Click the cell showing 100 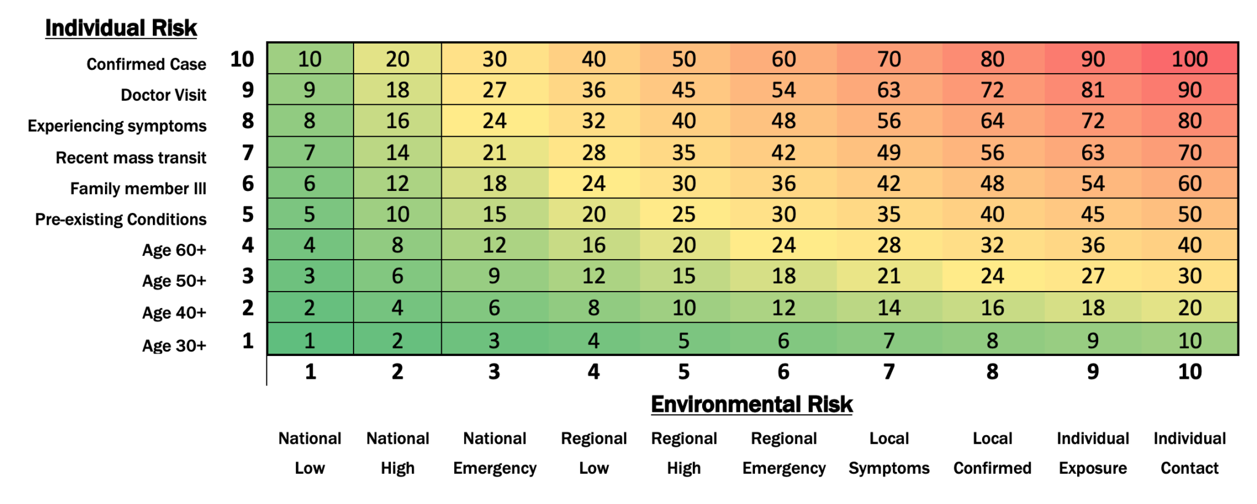1189,59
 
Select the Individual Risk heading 121,28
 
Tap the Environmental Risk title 751,404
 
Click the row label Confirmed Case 146,64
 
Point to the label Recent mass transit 131,158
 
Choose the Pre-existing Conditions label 120,219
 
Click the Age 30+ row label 174,346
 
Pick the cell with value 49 888,152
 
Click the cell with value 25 683,214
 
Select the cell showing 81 1093,90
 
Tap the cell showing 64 992,121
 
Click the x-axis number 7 888,371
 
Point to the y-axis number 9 247,90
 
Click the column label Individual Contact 1189,453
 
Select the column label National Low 309,453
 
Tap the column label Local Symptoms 888,453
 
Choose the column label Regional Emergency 783,453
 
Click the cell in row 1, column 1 309,340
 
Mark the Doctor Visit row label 163,95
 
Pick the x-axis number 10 1189,371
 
